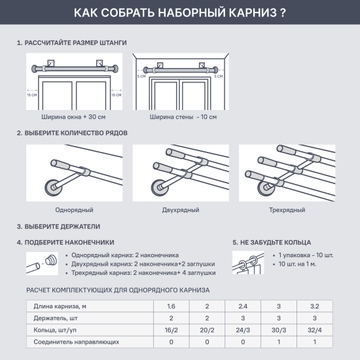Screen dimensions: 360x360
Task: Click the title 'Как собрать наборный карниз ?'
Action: pyautogui.click(x=179, y=12)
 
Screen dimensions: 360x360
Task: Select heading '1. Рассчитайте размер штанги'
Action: pyautogui.click(x=72, y=43)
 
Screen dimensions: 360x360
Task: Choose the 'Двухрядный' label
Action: pyautogui.click(x=179, y=210)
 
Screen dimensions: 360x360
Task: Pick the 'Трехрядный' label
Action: pyautogui.click(x=287, y=210)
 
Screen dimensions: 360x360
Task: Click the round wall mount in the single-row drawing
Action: pyautogui.click(x=52, y=190)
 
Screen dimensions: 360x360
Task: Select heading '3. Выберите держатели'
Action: pyautogui.click(x=59, y=226)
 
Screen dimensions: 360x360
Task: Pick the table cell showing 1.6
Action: pyautogui.click(x=171, y=306)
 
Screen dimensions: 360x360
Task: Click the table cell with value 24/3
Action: pyautogui.click(x=243, y=330)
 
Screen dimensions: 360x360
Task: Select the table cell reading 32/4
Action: pyautogui.click(x=315, y=330)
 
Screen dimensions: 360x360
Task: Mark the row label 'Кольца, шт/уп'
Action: pyautogui.click(x=56, y=330)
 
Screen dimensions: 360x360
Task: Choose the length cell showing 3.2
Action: pyautogui.click(x=315, y=306)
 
